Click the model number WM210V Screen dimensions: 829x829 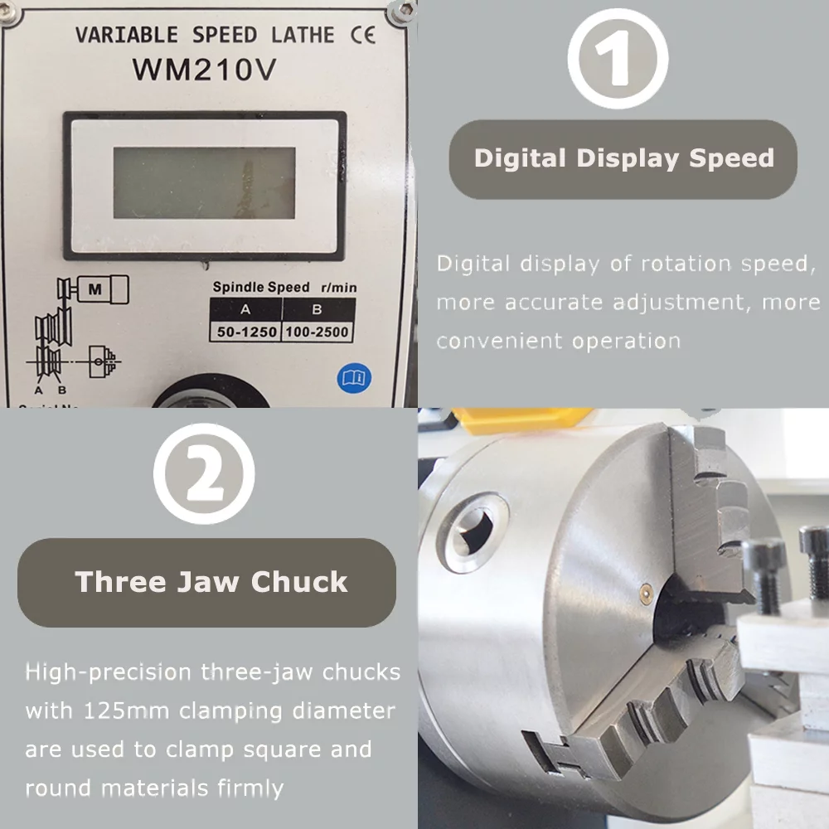(204, 70)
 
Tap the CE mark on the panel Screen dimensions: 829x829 (363, 35)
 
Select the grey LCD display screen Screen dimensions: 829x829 (204, 183)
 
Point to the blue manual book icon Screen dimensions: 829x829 (354, 378)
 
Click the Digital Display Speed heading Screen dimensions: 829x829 (623, 158)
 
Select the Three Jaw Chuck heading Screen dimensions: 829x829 (211, 582)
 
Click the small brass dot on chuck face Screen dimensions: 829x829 (645, 589)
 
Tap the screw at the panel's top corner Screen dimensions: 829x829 (404, 10)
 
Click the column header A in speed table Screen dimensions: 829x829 (245, 311)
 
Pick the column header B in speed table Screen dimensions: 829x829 (318, 311)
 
